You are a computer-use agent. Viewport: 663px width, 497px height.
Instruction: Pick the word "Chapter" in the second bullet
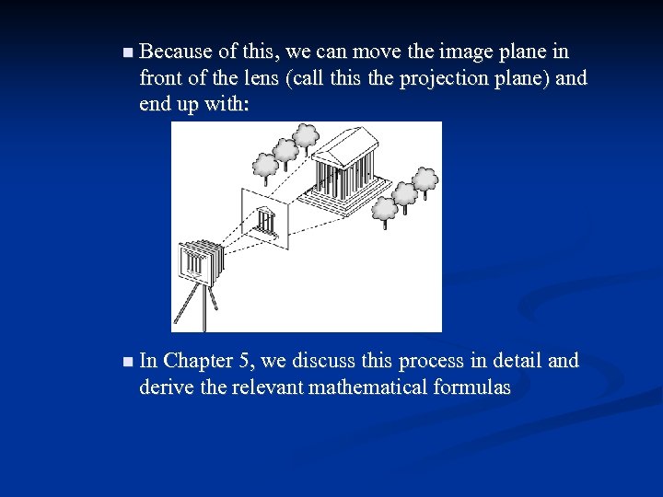[198, 361]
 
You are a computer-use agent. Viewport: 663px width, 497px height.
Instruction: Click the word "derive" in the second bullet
[163, 387]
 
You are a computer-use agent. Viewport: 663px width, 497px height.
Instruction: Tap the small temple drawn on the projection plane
[267, 222]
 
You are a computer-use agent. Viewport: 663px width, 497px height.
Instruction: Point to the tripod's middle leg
[204, 308]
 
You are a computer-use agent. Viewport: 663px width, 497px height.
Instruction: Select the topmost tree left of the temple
[306, 137]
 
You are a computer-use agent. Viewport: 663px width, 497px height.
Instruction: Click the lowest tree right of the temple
[386, 209]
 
